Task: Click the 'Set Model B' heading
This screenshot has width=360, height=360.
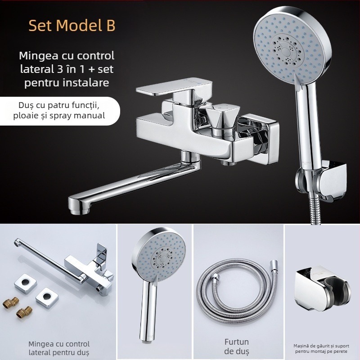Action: pos(72,25)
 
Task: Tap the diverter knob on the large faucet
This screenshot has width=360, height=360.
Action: pos(222,116)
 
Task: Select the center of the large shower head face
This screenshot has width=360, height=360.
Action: pos(286,50)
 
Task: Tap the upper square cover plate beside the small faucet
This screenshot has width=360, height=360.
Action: pos(26,283)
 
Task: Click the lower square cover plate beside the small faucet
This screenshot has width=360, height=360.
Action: pos(47,298)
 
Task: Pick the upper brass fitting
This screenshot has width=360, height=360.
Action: pos(10,302)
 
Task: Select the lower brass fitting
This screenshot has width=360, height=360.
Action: pos(24,312)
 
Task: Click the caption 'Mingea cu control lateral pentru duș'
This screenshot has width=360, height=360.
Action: pos(59,348)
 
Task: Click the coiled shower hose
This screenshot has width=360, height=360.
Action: pos(238,291)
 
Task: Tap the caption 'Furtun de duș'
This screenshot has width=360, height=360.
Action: pos(237,346)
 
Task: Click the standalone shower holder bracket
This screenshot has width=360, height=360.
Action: pos(322,288)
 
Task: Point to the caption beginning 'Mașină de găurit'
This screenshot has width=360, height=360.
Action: pos(321,348)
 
